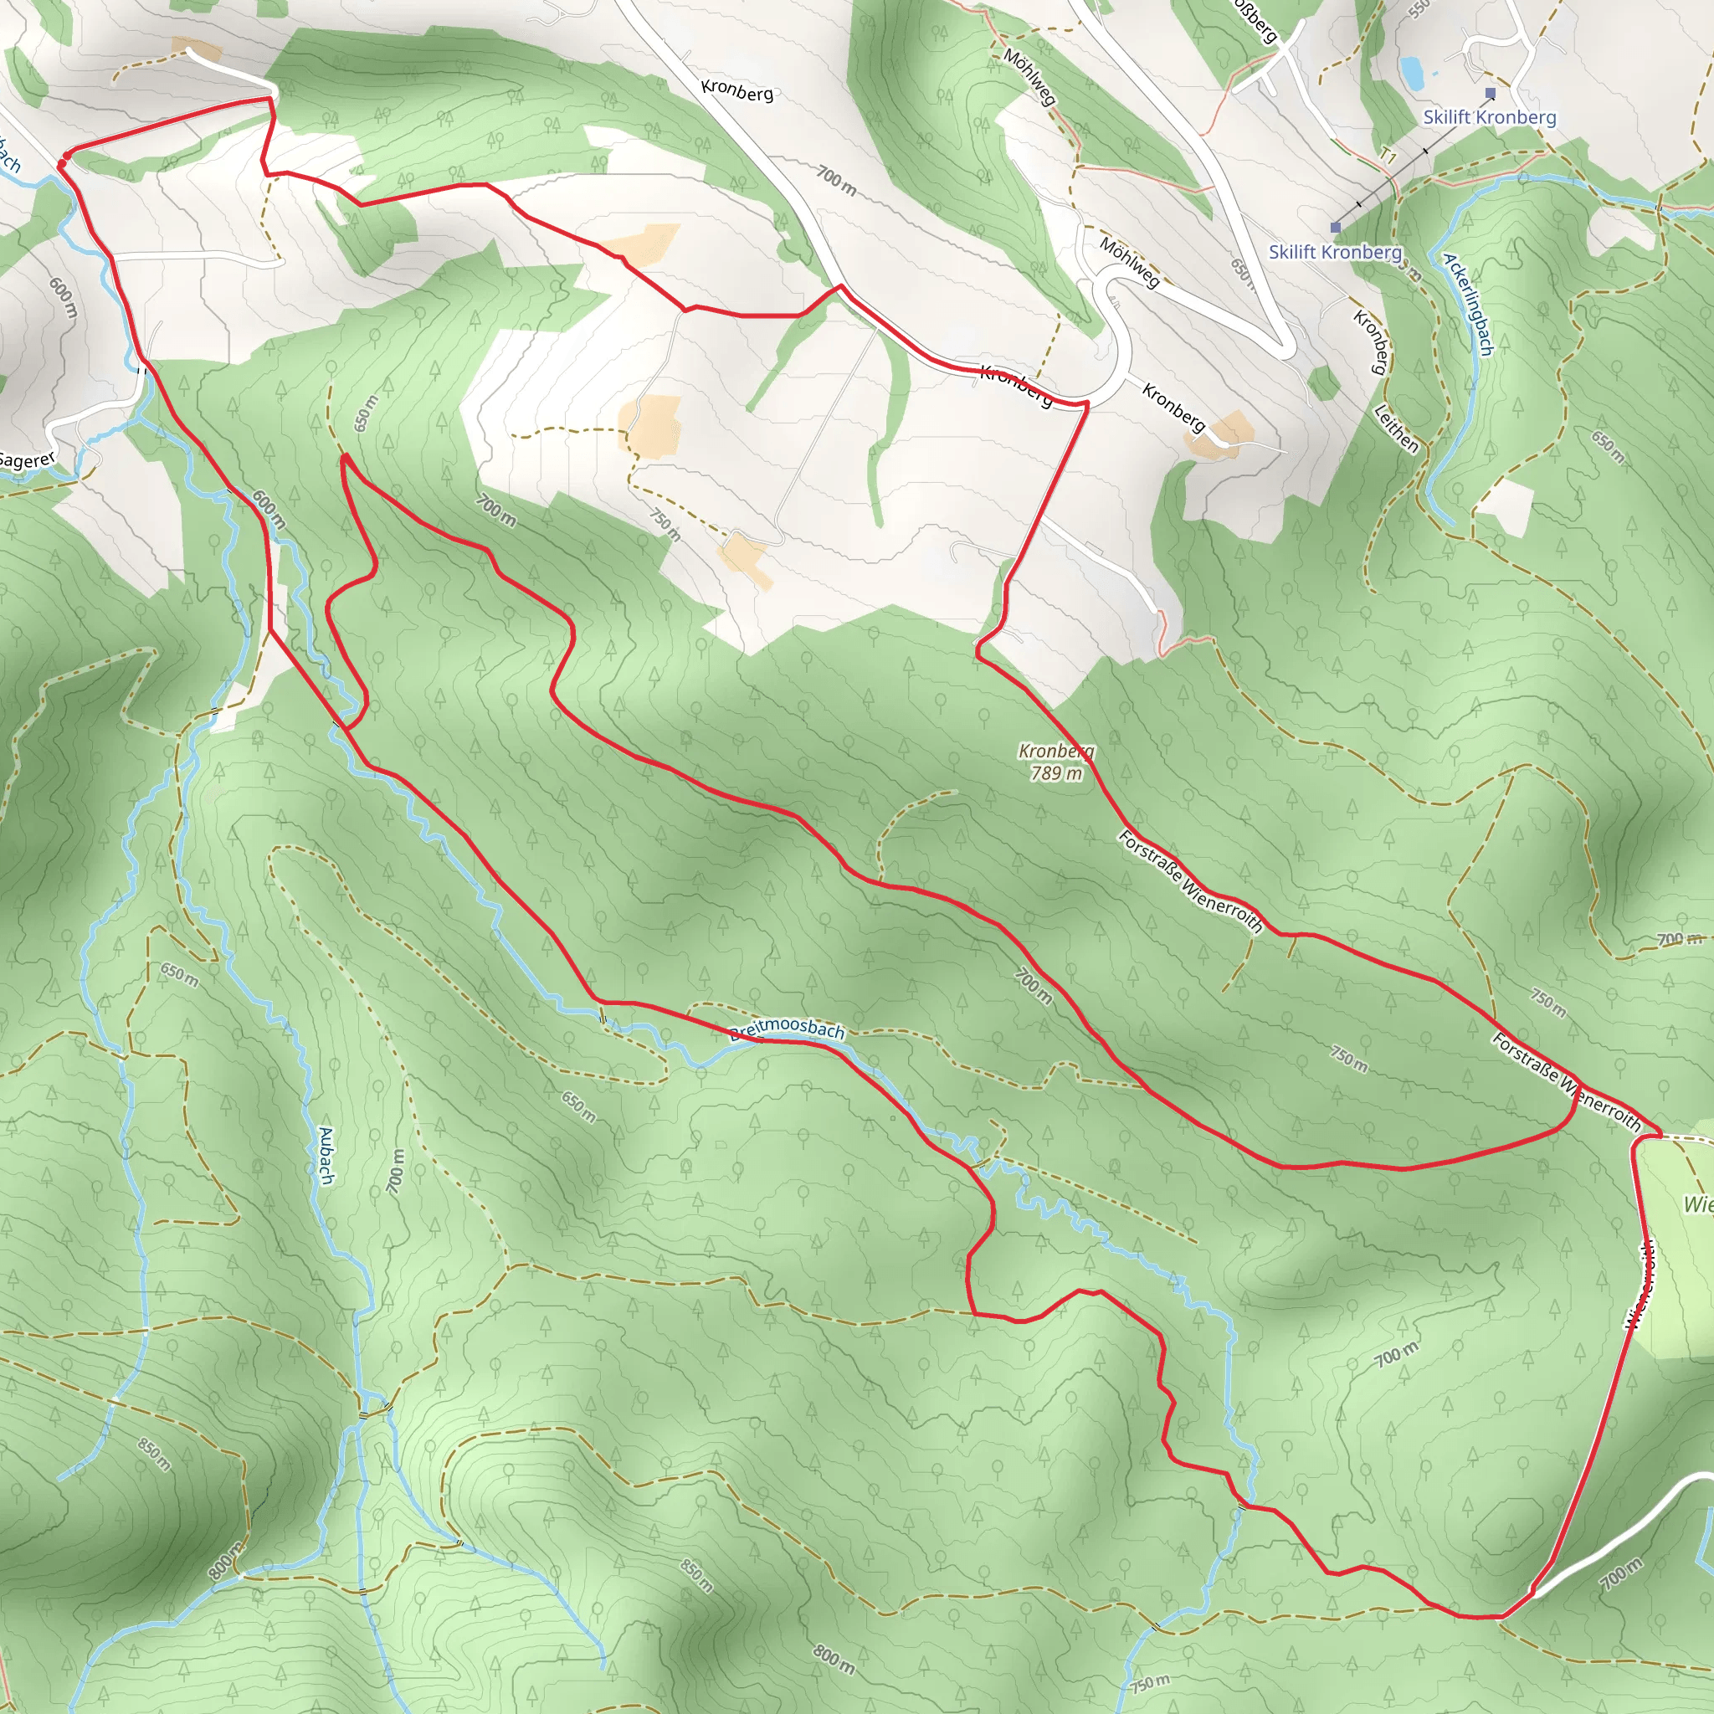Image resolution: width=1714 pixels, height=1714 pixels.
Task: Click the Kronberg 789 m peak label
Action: click(1055, 762)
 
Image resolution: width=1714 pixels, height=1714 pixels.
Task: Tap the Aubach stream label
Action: click(326, 1155)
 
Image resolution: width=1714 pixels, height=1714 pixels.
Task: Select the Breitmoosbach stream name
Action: click(786, 1029)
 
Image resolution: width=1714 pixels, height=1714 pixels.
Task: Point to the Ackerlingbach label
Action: click(1467, 305)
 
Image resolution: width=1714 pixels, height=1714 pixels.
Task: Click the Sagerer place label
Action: click(27, 459)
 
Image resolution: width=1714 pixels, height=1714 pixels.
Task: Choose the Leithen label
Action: click(1395, 428)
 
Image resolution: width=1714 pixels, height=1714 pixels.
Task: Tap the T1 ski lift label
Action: click(1388, 157)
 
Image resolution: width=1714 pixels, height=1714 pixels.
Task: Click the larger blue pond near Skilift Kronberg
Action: click(1412, 72)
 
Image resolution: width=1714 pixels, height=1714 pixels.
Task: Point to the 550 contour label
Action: click(1419, 8)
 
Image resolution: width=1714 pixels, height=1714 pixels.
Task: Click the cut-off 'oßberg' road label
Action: click(1255, 19)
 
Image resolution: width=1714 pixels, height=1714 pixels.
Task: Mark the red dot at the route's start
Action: click(64, 161)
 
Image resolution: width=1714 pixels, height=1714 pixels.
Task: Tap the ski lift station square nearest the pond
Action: click(1491, 93)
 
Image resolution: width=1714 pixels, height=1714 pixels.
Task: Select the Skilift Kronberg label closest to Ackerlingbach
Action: click(1334, 252)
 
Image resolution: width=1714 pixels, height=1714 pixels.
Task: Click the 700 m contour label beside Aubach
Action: click(396, 1171)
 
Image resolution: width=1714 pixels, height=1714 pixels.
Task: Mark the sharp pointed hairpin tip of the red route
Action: click(343, 458)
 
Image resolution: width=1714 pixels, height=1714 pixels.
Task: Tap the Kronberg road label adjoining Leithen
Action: click(1372, 341)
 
